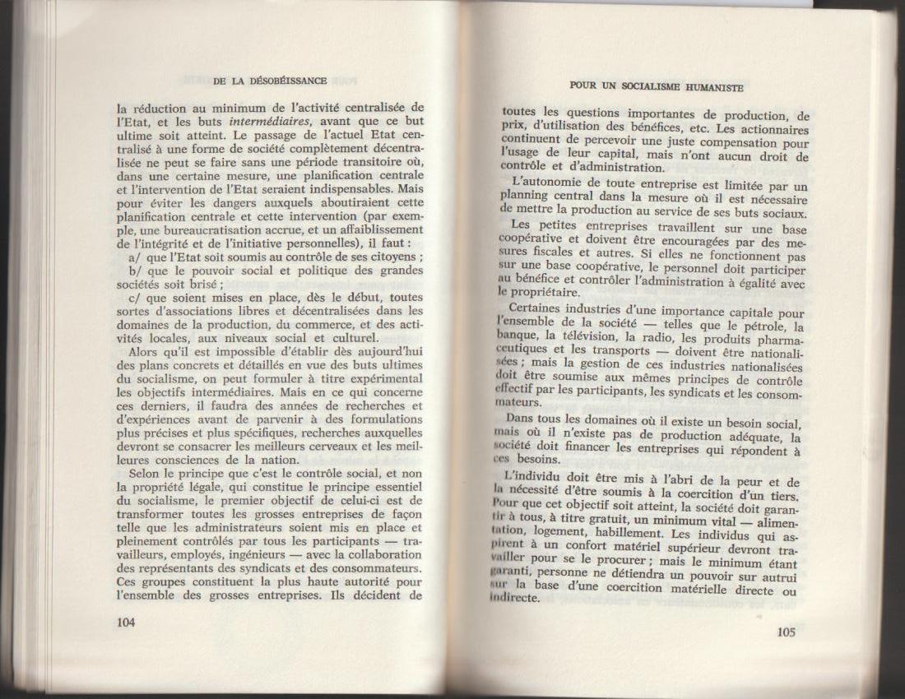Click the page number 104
coord(127,622)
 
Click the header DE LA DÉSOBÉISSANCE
coord(269,81)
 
